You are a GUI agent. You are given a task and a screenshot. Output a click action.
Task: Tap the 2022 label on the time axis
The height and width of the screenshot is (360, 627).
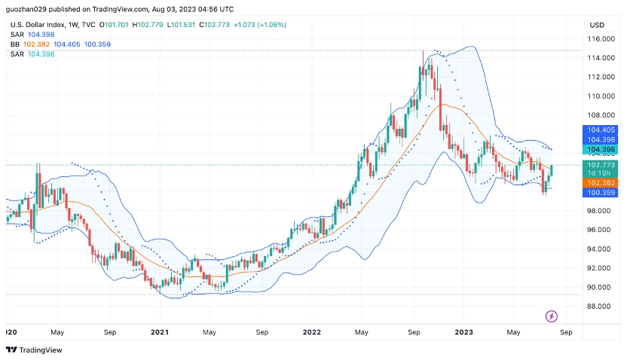pyautogui.click(x=311, y=331)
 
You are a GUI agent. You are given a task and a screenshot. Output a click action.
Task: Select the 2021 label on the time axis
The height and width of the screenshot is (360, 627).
pyautogui.click(x=160, y=331)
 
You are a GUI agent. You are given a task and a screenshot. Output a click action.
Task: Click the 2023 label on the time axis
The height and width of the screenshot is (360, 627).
pyautogui.click(x=463, y=331)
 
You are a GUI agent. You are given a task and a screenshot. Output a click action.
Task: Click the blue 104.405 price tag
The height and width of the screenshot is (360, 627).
pyautogui.click(x=601, y=130)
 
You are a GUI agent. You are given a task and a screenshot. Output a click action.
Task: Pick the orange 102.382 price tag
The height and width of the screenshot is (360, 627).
pyautogui.click(x=601, y=183)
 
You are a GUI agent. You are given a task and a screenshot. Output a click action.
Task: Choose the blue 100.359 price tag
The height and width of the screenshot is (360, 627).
pyautogui.click(x=601, y=193)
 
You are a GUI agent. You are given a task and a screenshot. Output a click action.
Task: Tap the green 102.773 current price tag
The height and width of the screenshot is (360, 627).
pyautogui.click(x=601, y=165)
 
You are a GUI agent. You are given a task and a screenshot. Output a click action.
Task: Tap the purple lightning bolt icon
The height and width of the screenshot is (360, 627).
pyautogui.click(x=551, y=316)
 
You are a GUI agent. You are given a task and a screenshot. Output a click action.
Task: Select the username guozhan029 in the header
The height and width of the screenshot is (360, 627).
pyautogui.click(x=23, y=9)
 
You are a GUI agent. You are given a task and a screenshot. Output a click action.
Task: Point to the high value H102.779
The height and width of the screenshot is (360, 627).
pyautogui.click(x=148, y=24)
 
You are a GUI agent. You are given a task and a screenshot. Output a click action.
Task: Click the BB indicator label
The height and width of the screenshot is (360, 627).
pyautogui.click(x=15, y=44)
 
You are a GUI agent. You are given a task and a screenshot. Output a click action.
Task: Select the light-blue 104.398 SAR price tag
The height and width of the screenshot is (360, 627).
pyautogui.click(x=601, y=150)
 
